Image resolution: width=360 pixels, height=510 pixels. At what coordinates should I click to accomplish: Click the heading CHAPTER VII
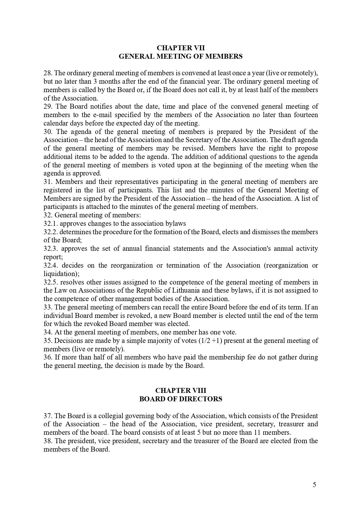pos(181,48)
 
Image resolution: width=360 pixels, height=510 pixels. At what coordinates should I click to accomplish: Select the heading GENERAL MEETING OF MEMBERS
pos(181,56)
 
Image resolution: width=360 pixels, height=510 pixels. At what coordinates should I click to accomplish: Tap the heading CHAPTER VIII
pos(181,391)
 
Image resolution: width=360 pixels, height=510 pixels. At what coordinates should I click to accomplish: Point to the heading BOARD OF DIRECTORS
pos(181,399)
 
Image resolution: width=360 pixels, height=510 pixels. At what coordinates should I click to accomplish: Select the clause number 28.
pos(47,73)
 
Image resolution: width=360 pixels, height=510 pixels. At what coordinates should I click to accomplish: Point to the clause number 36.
pos(47,357)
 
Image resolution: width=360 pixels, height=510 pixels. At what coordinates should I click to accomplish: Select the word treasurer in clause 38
pos(205,441)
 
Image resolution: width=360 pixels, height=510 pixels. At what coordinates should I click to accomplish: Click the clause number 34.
pos(47,332)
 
